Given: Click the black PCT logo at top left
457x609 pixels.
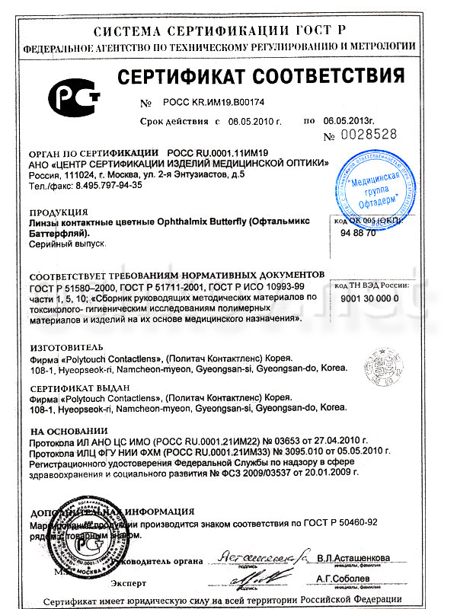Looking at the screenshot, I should [75, 98].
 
